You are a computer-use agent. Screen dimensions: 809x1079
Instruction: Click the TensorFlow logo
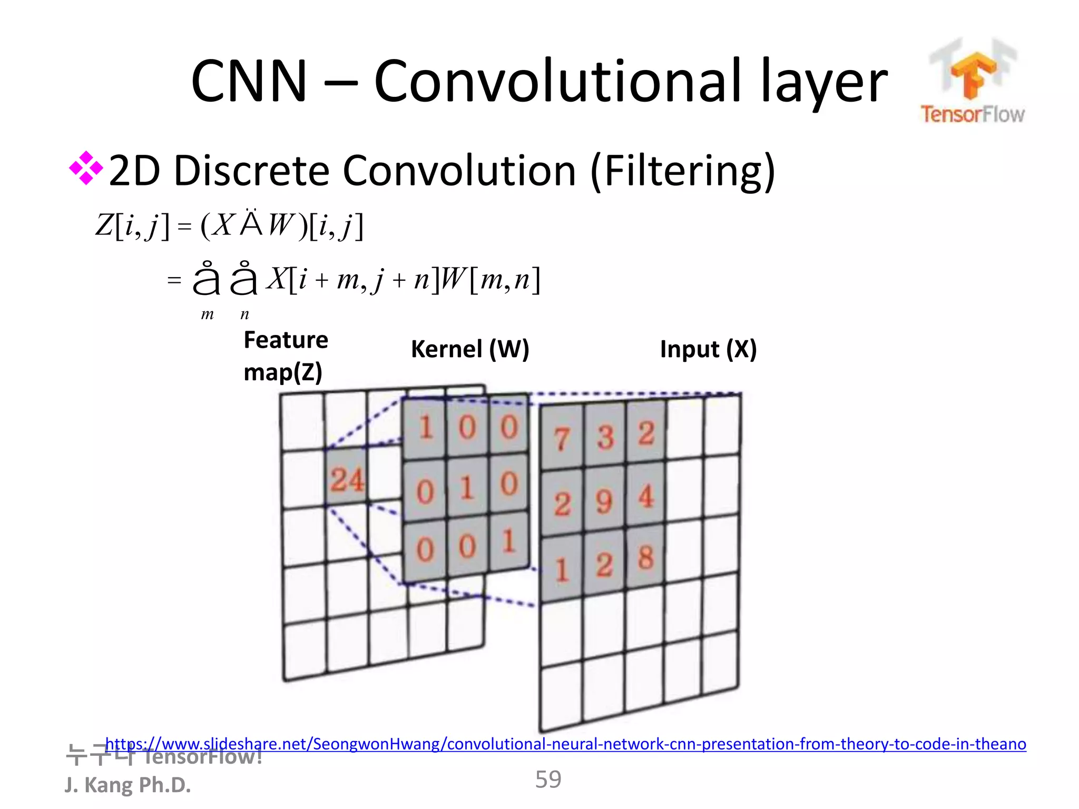coord(973,82)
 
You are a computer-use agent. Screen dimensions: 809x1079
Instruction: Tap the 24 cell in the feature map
coord(347,479)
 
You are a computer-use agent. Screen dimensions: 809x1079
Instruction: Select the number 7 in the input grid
coord(562,438)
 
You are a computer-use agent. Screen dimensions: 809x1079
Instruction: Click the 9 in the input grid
coord(604,501)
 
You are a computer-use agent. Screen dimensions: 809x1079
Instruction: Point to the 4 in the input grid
coord(646,496)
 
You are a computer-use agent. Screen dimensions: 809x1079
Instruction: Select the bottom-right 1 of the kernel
coord(508,541)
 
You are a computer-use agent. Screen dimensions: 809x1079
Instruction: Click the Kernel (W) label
coord(470,349)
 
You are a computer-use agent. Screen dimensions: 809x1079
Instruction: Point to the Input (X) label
coord(708,349)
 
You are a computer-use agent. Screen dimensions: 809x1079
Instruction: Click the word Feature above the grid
coord(286,340)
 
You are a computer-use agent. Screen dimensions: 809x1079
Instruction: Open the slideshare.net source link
coord(565,744)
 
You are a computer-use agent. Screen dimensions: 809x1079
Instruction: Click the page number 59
coord(548,779)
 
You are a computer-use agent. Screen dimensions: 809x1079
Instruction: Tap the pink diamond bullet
coord(86,169)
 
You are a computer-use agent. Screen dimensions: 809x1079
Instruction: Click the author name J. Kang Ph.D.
coord(127,785)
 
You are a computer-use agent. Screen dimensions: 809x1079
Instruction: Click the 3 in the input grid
coord(605,437)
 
